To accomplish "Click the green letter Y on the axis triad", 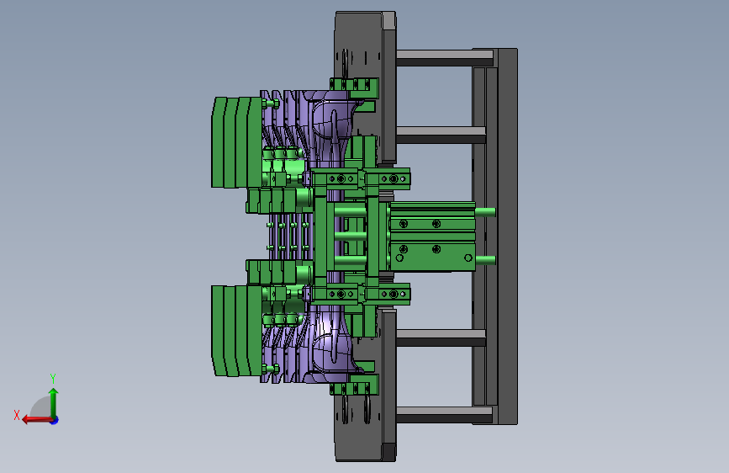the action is (53, 378).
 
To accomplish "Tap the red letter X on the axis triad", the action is (17, 415).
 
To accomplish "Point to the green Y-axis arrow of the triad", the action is (54, 403).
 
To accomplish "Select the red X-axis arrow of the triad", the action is (37, 420).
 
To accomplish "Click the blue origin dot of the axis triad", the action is (55, 420).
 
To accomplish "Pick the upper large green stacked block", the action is (236, 142).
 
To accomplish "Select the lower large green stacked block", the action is (236, 331).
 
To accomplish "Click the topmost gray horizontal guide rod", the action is (444, 58).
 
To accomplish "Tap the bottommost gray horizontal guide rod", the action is (444, 414).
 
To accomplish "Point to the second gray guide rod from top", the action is (441, 135).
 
